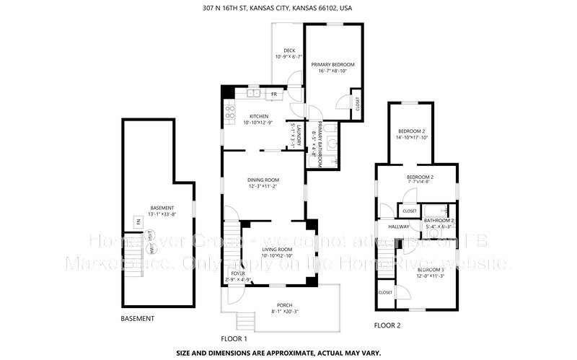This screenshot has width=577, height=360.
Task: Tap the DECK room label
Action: point(289,51)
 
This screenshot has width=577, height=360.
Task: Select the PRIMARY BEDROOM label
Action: point(332,64)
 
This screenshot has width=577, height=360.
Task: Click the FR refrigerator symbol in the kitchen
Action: point(274,94)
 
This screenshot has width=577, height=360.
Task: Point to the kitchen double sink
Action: point(253,94)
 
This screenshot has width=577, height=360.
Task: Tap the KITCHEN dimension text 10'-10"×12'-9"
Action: point(259,123)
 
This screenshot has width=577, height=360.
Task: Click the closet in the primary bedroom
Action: point(356,104)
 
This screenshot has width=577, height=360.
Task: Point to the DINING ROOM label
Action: point(263,180)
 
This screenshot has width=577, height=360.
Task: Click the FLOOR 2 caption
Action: point(387,325)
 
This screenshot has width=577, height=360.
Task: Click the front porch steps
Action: point(247,317)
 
